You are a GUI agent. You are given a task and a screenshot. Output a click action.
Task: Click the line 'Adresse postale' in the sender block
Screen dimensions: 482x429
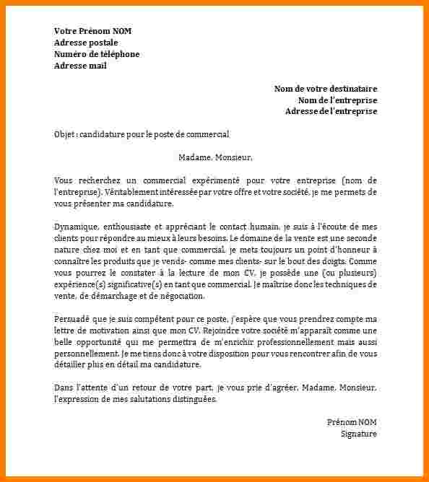[86, 43]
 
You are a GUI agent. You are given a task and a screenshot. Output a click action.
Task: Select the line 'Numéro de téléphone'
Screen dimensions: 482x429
[97, 54]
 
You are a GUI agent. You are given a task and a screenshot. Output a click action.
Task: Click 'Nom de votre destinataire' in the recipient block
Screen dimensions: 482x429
[325, 89]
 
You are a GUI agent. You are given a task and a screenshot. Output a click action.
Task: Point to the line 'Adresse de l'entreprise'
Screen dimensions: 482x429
[331, 111]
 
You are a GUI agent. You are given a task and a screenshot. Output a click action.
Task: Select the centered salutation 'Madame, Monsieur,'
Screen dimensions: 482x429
[215, 157]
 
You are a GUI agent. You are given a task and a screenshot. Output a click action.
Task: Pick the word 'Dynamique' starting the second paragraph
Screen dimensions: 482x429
[73, 227]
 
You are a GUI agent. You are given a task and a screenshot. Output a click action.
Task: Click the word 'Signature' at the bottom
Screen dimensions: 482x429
[359, 434]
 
